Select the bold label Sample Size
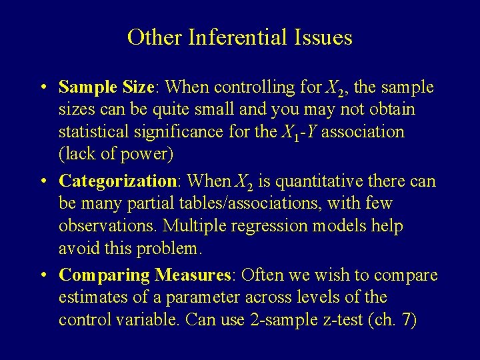(x=107, y=87)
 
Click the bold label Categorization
(x=117, y=181)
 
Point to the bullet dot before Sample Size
(x=41, y=88)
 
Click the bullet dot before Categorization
(x=41, y=181)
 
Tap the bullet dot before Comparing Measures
(x=41, y=275)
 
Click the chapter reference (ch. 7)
(x=393, y=320)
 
